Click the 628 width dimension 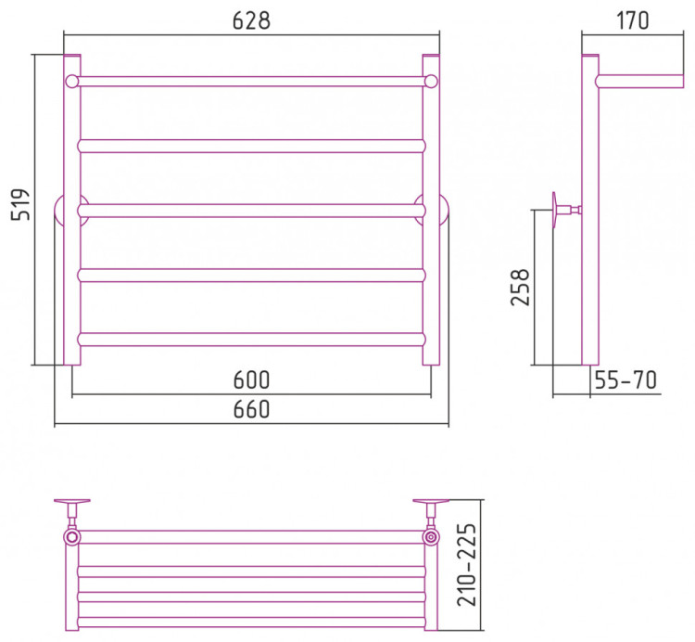251,20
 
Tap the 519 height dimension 20,204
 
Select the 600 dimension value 251,380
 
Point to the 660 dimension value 251,409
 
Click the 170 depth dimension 633,20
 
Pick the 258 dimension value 521,287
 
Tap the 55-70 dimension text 625,380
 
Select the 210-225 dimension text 467,565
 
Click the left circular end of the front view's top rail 71,82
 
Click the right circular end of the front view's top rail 431,82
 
